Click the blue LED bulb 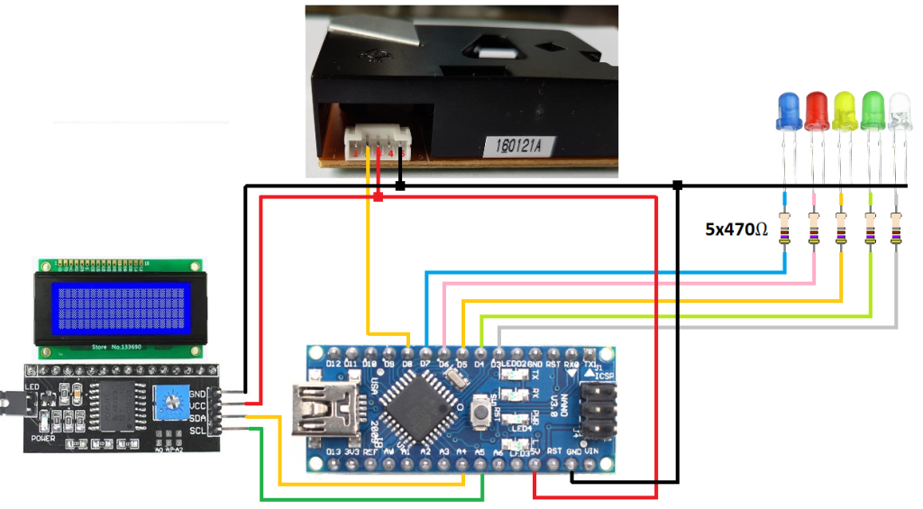tap(787, 112)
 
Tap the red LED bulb tap(817, 112)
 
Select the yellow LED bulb tap(845, 112)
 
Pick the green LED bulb tap(873, 112)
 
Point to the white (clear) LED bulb tap(900, 112)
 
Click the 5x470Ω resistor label tap(736, 229)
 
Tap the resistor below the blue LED tap(787, 229)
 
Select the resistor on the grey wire tap(897, 229)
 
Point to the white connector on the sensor tap(379, 141)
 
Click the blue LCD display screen tap(121, 306)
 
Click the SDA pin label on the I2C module tap(199, 417)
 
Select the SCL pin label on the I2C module tap(199, 430)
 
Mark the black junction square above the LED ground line tap(677, 186)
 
